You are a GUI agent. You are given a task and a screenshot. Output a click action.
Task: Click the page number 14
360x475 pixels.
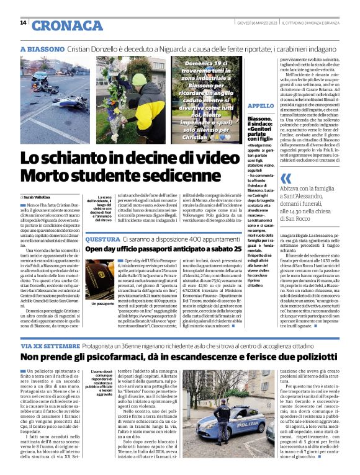(x=23, y=24)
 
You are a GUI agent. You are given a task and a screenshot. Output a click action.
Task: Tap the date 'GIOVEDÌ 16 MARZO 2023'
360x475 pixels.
(x=256, y=24)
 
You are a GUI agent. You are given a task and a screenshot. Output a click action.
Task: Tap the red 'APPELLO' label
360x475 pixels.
(x=260, y=107)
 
